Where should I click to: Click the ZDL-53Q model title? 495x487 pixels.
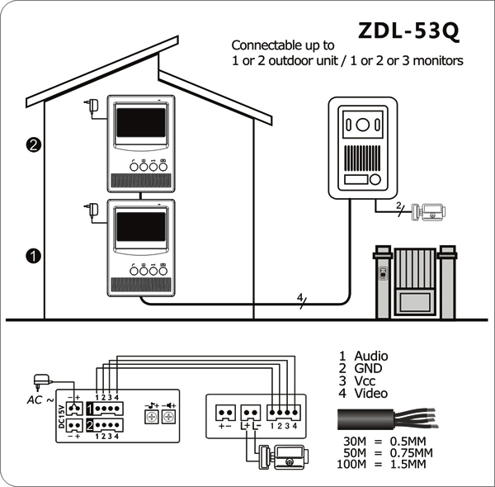408,31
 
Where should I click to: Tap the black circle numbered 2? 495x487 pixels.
34,145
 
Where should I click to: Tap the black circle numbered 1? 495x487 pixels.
34,256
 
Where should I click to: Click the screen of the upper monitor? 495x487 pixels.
141,122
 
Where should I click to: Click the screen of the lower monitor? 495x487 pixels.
141,227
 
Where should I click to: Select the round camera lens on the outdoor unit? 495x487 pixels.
363,125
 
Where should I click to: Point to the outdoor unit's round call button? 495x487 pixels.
375,179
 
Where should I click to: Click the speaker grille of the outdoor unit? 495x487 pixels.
362,158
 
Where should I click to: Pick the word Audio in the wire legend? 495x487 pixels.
371,356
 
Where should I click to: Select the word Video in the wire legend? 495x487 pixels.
371,393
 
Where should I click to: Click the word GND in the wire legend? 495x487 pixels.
368,368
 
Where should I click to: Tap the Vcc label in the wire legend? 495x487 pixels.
365,381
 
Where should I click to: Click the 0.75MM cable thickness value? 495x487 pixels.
412,452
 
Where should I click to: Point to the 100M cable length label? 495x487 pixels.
351,464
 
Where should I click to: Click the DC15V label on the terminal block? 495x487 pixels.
62,417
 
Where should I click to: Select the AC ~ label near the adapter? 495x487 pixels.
40,400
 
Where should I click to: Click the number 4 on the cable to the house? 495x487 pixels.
299,297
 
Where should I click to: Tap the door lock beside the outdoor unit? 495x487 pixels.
428,211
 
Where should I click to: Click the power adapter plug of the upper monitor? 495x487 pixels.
92,106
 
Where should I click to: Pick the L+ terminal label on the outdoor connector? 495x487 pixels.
245,426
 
